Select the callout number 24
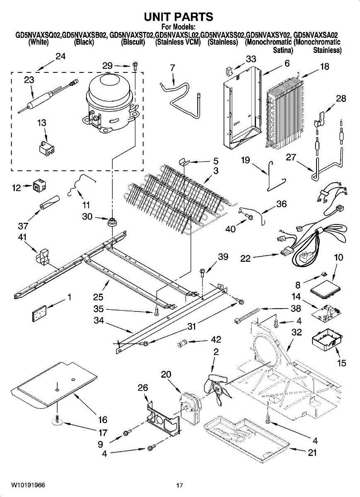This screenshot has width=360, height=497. click(60, 57)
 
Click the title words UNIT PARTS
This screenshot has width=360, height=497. click(179, 17)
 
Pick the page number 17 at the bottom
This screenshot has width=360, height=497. click(179, 485)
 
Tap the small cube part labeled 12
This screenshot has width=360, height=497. click(39, 187)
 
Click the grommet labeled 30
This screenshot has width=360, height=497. click(111, 222)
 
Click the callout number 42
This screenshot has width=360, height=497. click(216, 340)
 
